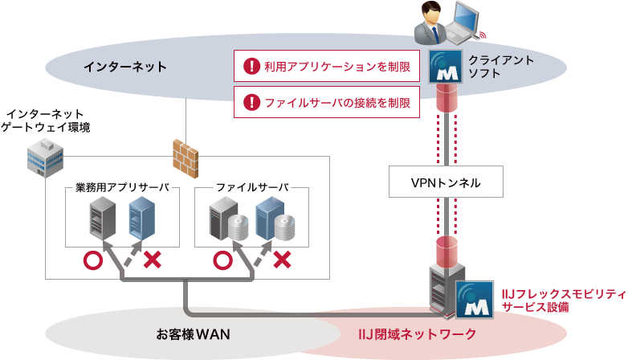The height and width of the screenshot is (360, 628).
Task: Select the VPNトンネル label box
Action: tap(446, 182)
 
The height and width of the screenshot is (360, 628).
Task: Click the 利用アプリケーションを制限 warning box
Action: tap(327, 67)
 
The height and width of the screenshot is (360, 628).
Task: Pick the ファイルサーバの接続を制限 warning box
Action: tap(327, 103)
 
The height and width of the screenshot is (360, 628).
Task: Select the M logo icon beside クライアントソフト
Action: tap(445, 66)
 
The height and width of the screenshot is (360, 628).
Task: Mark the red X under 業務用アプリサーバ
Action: tap(152, 260)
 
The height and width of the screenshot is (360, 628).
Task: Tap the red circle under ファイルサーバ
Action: tap(222, 260)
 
